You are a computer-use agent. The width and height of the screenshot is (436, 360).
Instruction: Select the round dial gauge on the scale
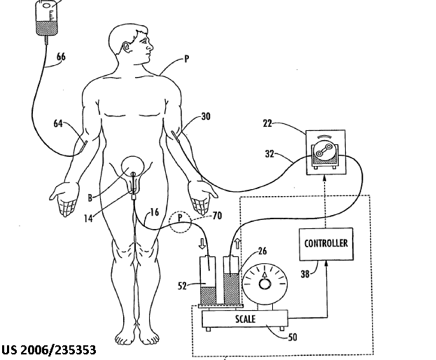[265, 284]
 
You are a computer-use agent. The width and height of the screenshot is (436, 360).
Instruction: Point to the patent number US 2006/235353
[48, 349]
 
